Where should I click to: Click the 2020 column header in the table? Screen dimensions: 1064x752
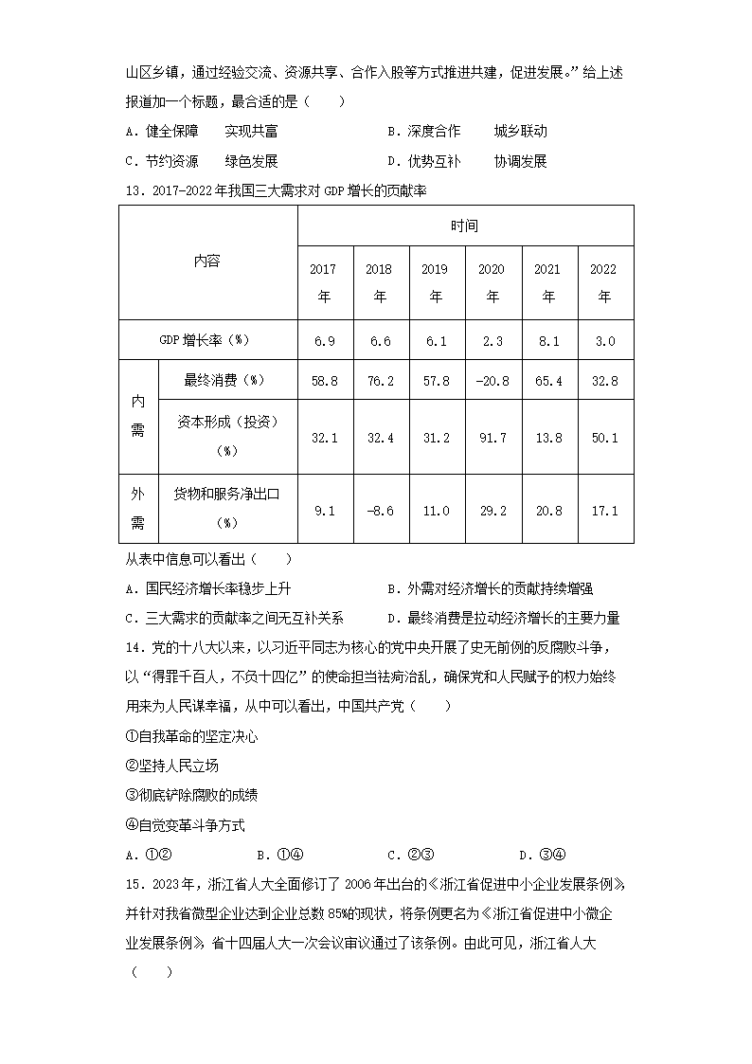[x=492, y=282]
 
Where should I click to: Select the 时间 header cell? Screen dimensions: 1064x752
[x=464, y=225]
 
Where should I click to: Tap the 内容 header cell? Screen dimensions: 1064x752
[x=207, y=261]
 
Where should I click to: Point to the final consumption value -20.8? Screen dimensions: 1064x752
[x=492, y=381]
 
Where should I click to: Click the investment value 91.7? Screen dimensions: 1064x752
[x=492, y=438]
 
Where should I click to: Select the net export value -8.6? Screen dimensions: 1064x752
[x=379, y=510]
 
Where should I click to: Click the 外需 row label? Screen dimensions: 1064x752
[x=137, y=509]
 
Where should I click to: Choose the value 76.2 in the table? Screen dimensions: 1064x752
[x=379, y=381]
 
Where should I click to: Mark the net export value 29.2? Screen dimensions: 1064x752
[x=492, y=510]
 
